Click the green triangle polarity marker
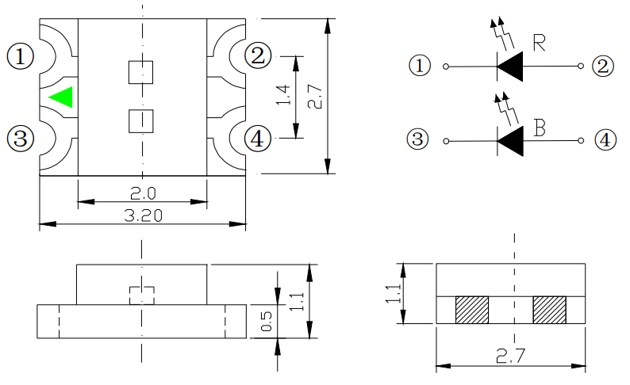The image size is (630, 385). [62, 97]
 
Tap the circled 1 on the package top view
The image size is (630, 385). [21, 56]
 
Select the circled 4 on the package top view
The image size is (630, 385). [256, 139]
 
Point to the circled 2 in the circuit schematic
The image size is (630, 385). [602, 66]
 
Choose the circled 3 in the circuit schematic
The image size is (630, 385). [417, 140]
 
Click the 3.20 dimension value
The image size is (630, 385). [143, 215]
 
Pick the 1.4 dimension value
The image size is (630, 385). [283, 96]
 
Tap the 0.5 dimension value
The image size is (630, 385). [267, 321]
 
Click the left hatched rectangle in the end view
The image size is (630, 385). [472, 309]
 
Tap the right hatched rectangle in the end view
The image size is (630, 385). [549, 309]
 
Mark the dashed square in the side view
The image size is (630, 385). [140, 294]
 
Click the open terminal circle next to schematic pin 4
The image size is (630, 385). [582, 141]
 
